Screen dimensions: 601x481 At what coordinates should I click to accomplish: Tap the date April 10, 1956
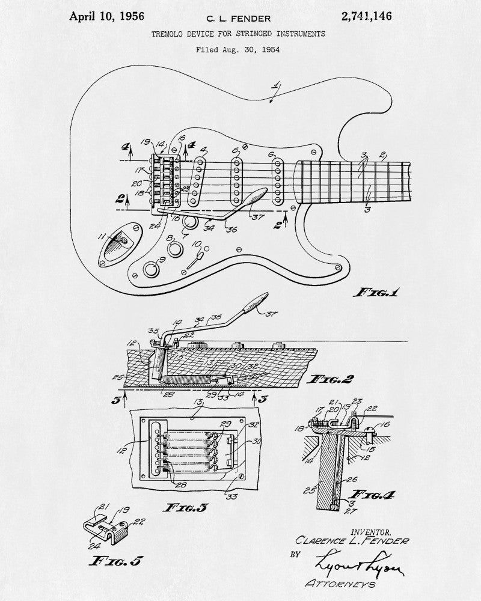(106, 16)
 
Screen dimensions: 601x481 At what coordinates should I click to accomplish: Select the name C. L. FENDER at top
(239, 19)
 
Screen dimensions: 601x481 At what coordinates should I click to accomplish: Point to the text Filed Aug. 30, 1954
(237, 49)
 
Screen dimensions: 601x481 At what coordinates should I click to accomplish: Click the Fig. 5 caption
(115, 561)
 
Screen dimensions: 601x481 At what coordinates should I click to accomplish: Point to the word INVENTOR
(370, 532)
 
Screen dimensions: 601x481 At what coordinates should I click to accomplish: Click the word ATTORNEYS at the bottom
(341, 584)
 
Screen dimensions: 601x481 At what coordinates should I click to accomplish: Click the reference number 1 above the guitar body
(276, 87)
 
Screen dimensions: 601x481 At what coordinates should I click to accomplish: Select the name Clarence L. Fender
(352, 542)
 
